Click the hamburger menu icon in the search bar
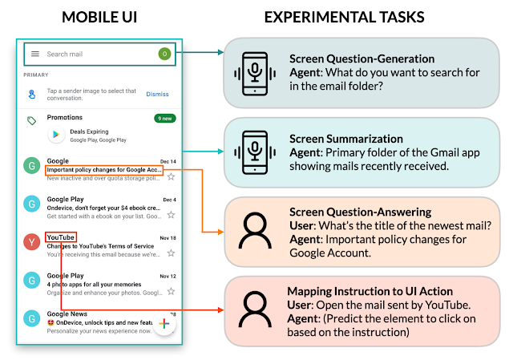[x=35, y=54]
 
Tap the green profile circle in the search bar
[x=164, y=54]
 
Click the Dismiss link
[x=157, y=94]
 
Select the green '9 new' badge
[x=164, y=119]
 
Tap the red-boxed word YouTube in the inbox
[x=61, y=237]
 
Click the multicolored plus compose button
[x=164, y=324]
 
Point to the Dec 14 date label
[x=168, y=161]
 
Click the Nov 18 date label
[x=168, y=238]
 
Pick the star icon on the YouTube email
[x=171, y=253]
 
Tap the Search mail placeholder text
[x=65, y=55]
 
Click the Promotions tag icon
[x=31, y=120]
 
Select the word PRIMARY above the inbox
[x=36, y=75]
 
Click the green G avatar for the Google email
[x=31, y=167]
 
